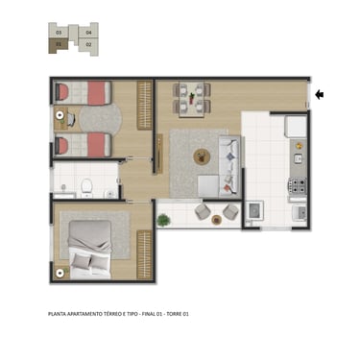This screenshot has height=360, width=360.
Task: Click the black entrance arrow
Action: coord(319,94)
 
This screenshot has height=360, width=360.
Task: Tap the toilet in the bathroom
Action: coord(86,187)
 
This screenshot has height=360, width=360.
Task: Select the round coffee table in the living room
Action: coord(202,157)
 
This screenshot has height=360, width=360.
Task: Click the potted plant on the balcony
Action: coord(163,220)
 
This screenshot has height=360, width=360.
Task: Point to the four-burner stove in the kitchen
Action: coord(298,185)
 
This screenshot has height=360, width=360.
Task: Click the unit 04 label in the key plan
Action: coord(89,33)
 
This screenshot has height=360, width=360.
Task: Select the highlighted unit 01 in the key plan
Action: coord(59,44)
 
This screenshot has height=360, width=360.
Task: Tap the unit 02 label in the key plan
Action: coord(89,44)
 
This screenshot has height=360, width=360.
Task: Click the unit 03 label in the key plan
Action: coord(59,33)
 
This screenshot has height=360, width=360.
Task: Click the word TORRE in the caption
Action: coord(175,314)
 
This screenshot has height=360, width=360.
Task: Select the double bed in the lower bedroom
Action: coord(90,250)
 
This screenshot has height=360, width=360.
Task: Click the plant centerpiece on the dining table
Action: coord(192,98)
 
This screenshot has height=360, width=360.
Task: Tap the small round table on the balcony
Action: coord(217,220)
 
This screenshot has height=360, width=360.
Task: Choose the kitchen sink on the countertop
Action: coord(298,158)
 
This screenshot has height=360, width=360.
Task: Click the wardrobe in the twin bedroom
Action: coord(144,106)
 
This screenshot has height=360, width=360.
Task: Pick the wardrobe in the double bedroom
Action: coord(144,254)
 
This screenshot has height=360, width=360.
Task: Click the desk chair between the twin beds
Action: coord(71,119)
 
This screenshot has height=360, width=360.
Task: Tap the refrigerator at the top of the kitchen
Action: coord(297,126)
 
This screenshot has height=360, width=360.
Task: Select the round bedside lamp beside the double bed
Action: coord(60,274)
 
